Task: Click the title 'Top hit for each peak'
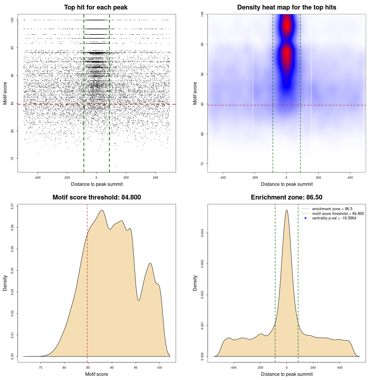[96, 7]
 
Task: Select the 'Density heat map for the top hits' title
[286, 7]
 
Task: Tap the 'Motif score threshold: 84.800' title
[96, 197]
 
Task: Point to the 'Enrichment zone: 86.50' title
[286, 197]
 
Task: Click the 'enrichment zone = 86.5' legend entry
[332, 209]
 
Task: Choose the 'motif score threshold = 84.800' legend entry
[338, 213]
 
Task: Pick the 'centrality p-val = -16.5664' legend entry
[334, 218]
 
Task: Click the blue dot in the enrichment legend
[305, 218]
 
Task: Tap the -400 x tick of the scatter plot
[37, 178]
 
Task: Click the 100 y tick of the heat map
[202, 14]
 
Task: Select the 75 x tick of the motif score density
[41, 368]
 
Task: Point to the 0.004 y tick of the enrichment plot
[202, 233]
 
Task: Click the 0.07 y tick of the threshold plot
[12, 206]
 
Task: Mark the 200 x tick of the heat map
[319, 178]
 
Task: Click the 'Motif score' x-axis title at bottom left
[96, 374]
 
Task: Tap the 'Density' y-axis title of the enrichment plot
[195, 283]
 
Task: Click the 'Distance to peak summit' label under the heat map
[286, 184]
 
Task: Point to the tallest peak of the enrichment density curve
[286, 210]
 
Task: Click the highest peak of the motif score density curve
[102, 210]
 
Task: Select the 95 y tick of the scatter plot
[12, 48]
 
